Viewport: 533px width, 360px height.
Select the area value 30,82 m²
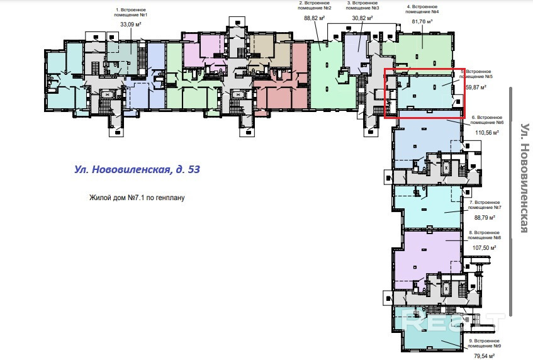tap(362, 19)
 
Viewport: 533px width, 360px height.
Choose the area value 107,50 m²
tap(485, 247)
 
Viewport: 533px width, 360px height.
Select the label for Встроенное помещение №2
tap(314, 7)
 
